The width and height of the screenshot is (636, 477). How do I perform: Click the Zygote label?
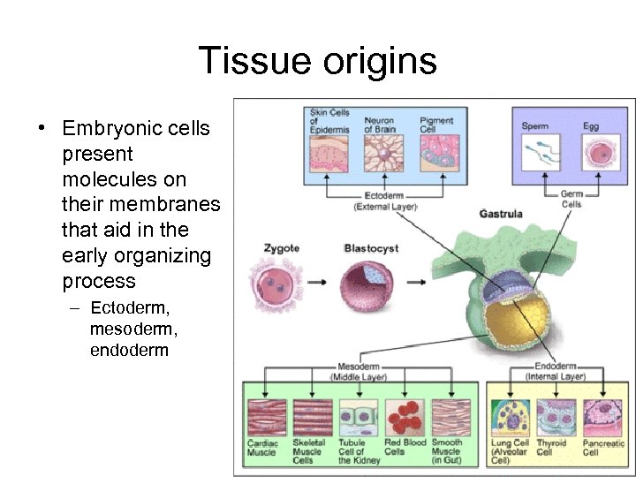click(282, 248)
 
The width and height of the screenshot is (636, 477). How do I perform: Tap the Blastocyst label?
click(368, 248)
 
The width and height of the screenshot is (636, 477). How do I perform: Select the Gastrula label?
click(501, 214)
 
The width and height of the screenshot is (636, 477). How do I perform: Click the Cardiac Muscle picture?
click(266, 417)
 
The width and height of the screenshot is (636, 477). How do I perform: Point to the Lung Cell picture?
click(511, 417)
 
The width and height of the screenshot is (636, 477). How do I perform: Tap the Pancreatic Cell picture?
click(602, 417)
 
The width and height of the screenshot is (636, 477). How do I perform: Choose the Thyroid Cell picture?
click(556, 417)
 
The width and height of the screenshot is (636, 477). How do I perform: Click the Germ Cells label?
click(572, 199)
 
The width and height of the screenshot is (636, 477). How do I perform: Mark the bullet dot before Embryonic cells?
click(42, 129)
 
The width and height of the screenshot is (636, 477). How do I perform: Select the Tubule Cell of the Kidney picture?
click(357, 417)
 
